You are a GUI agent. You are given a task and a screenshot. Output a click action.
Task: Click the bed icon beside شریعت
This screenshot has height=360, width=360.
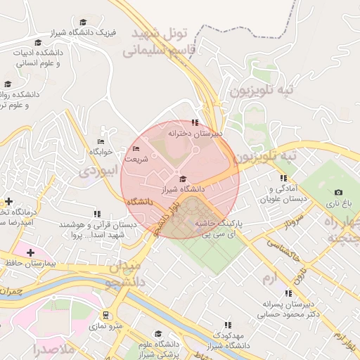(136, 148)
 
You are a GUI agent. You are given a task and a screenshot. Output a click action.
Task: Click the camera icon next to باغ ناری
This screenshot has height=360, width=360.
(338, 192)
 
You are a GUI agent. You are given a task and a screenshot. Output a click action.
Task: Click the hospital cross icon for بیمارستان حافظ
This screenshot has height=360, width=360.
(30, 252)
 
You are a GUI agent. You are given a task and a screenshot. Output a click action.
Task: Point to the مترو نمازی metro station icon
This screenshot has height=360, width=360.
(105, 315)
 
